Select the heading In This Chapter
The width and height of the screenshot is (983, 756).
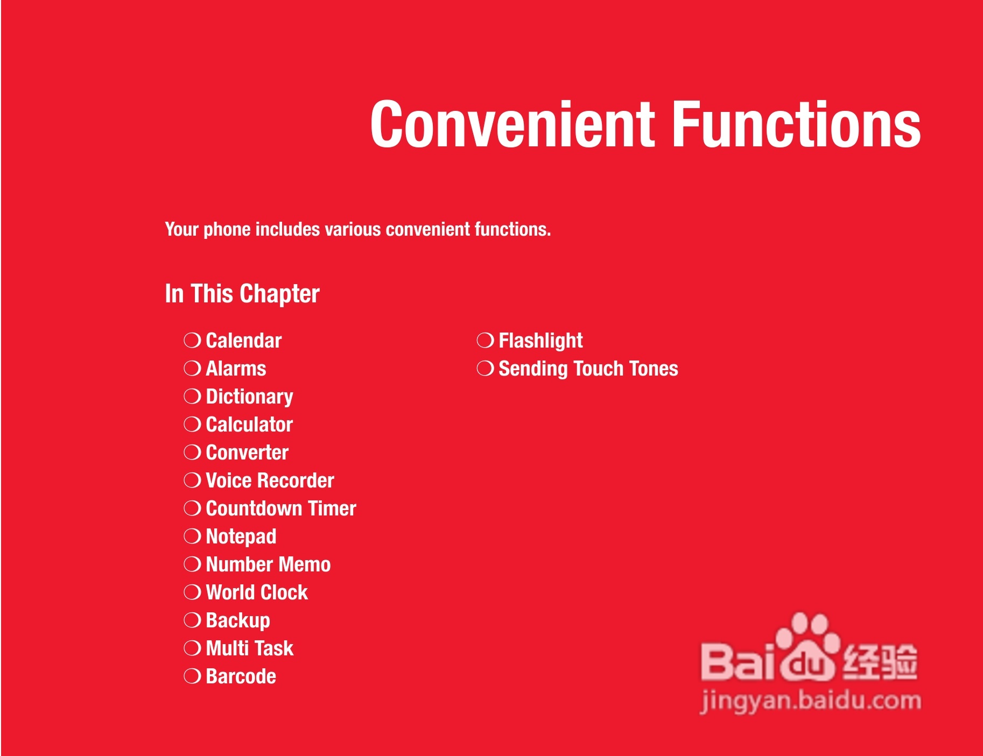click(x=242, y=294)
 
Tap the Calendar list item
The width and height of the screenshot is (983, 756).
click(x=244, y=341)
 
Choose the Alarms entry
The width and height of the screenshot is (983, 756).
click(x=236, y=369)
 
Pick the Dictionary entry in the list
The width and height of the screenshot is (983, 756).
click(x=250, y=397)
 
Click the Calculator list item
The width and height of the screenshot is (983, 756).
click(x=249, y=425)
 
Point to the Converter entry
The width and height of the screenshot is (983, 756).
click(x=247, y=453)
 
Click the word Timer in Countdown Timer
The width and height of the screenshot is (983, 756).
click(x=332, y=508)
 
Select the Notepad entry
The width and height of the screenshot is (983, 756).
click(x=241, y=537)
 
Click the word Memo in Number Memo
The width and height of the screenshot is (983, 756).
click(x=305, y=564)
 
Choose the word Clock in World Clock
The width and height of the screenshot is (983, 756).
click(x=284, y=592)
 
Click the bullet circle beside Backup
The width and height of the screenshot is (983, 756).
click(x=192, y=620)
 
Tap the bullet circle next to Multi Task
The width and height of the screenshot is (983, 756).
click(x=192, y=648)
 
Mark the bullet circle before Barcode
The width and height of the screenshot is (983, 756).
click(x=192, y=676)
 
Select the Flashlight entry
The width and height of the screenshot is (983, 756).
click(x=540, y=341)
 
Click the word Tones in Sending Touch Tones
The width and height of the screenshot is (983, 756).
click(x=654, y=369)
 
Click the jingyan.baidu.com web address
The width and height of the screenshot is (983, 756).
click(x=811, y=702)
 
